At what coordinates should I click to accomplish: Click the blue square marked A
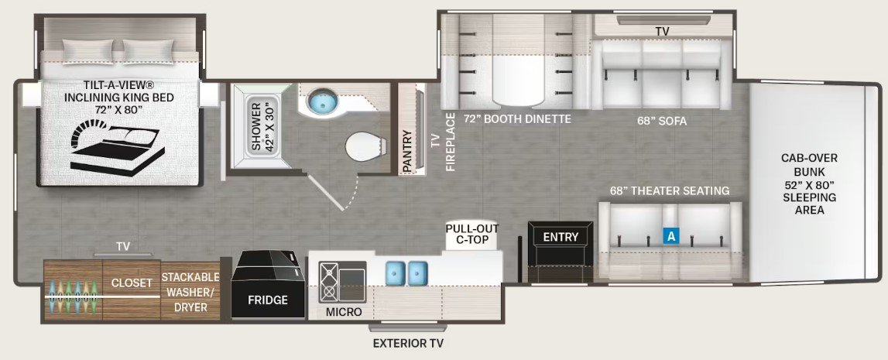coord(670,237)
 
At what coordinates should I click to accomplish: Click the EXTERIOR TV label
coord(408,343)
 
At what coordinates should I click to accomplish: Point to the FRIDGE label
coord(267,300)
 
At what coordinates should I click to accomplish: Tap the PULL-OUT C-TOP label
coord(471,235)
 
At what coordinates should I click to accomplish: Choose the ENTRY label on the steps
coord(561,237)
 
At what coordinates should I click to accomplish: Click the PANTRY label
coord(408,151)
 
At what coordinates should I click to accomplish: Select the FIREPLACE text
coord(451,142)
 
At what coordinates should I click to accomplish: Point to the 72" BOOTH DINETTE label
coord(517,119)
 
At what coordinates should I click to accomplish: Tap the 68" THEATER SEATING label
coord(670,190)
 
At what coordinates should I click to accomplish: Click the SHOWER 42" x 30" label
coord(262,127)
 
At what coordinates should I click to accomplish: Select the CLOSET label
coord(132,283)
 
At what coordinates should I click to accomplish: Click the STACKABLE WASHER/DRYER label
coord(190,292)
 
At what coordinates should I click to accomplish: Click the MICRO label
coord(344,313)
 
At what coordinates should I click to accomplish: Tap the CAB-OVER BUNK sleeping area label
coord(809,184)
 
